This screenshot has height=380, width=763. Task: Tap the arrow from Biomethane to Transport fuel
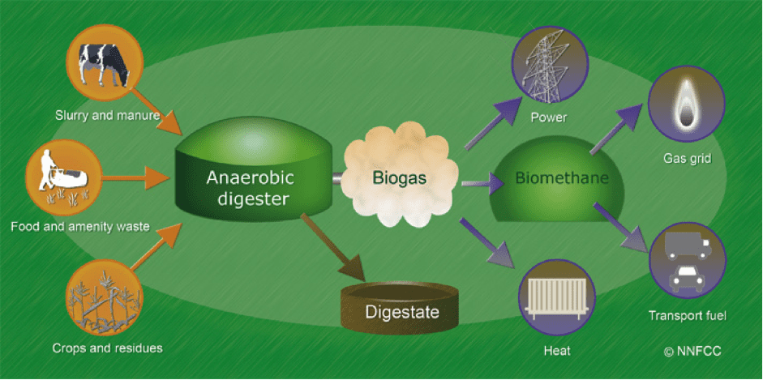(625, 228)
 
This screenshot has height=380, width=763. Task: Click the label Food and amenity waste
(80, 226)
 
